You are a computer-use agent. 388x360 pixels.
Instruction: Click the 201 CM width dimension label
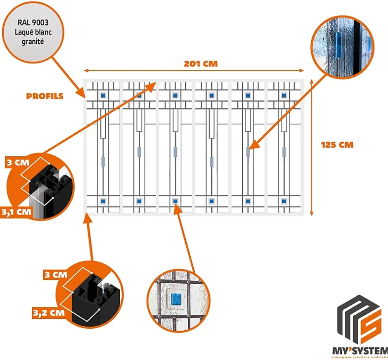point(201,64)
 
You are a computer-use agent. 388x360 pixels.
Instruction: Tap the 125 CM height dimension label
point(337,145)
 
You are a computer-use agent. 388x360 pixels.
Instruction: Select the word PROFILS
point(45,96)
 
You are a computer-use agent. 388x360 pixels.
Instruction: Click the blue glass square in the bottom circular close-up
point(176,299)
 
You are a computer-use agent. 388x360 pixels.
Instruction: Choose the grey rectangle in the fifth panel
point(248,152)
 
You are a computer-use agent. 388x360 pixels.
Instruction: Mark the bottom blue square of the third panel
point(175,201)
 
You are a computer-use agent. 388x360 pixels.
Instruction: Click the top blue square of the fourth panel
point(212,96)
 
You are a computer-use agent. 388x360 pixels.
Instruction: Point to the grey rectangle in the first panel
point(103,160)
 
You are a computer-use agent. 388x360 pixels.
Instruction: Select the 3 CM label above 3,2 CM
point(54,274)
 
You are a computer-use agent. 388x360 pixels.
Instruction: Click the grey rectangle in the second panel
point(139,152)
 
